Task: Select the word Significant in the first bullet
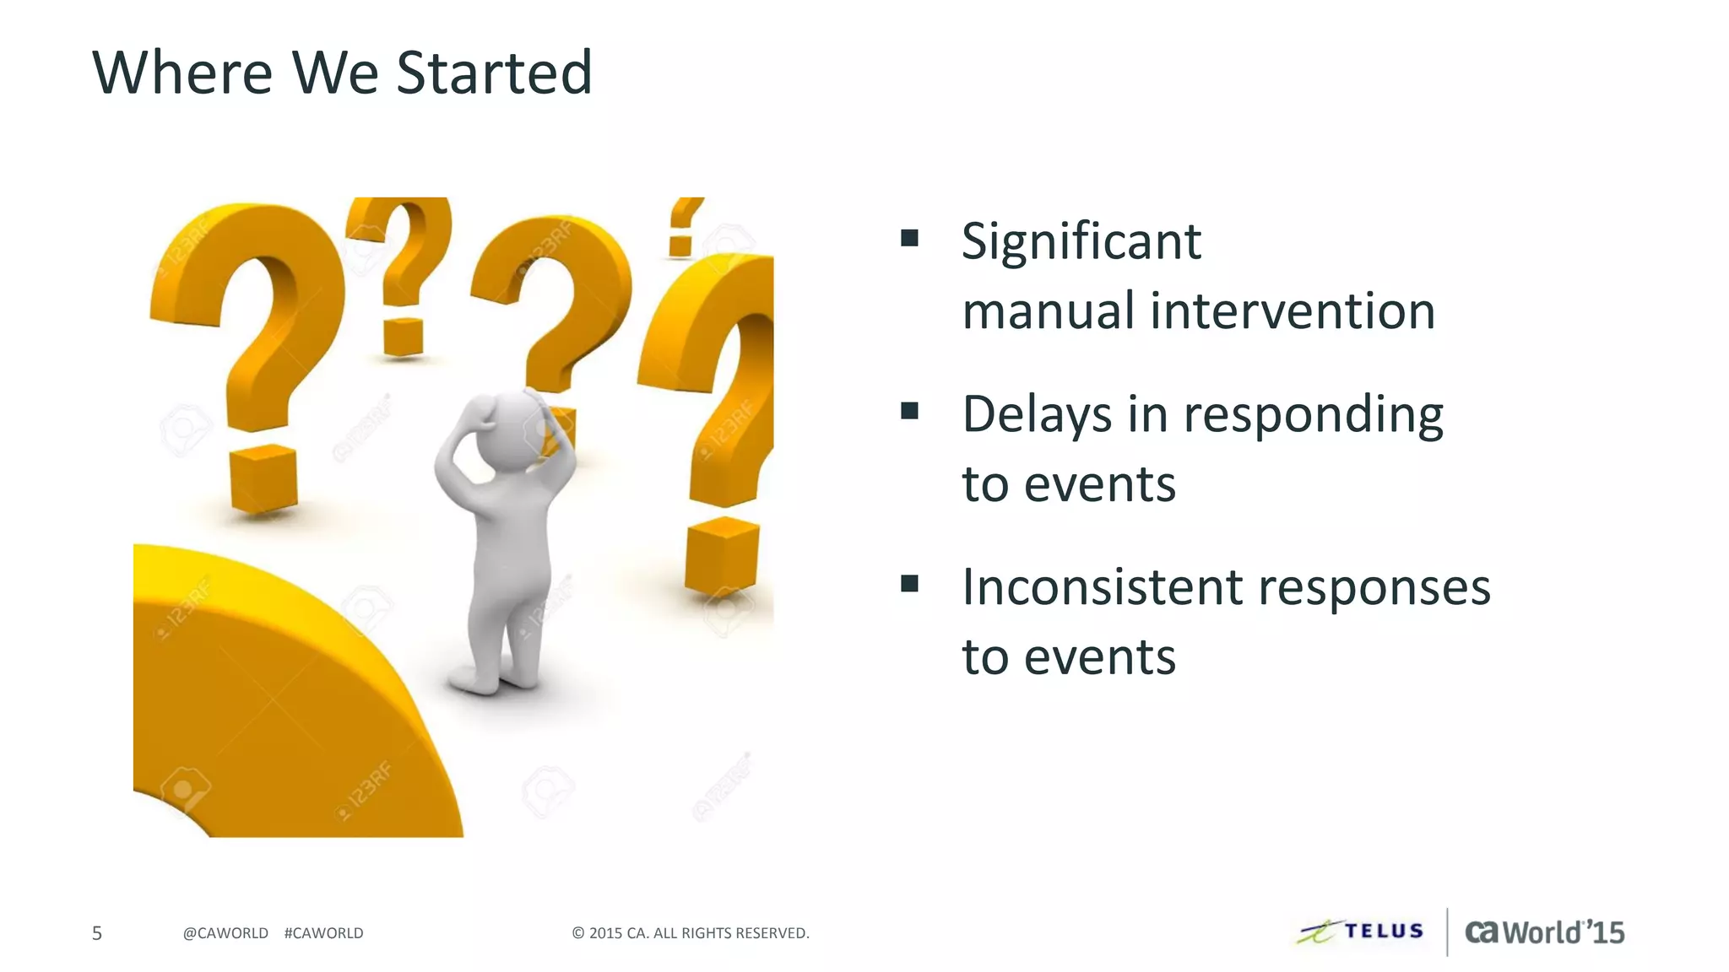[1081, 242]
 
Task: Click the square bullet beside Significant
[909, 237]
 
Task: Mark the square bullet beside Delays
[909, 411]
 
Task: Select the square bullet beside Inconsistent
[909, 583]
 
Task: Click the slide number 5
[97, 933]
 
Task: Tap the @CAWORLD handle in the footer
[225, 933]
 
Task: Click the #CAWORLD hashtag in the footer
[324, 933]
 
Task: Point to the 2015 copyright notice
[691, 933]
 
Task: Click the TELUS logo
[1361, 931]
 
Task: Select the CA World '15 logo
[1544, 932]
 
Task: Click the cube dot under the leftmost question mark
[263, 479]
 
